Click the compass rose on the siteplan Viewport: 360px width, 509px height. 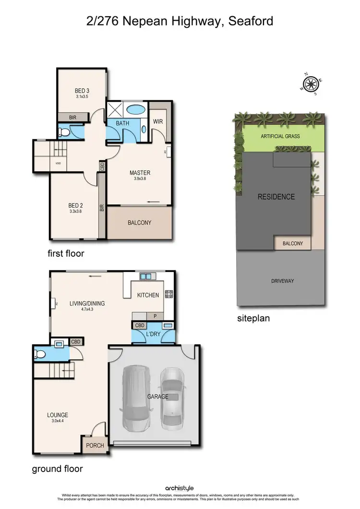click(x=311, y=84)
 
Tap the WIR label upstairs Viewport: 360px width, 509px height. click(x=158, y=121)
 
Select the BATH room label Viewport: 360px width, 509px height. click(x=122, y=123)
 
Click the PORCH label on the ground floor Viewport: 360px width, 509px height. click(x=95, y=445)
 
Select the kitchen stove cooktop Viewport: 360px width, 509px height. click(x=169, y=295)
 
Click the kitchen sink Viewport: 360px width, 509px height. click(x=146, y=277)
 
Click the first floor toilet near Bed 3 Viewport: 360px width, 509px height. click(x=65, y=131)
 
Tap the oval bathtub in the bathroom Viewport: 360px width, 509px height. click(x=135, y=109)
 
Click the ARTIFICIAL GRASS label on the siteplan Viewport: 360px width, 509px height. click(x=280, y=136)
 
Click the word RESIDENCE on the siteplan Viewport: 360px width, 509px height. click(x=276, y=197)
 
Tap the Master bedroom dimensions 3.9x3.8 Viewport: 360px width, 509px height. click(x=140, y=179)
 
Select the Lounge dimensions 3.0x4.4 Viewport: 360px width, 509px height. click(x=57, y=421)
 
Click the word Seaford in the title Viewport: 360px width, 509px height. click(x=249, y=21)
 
